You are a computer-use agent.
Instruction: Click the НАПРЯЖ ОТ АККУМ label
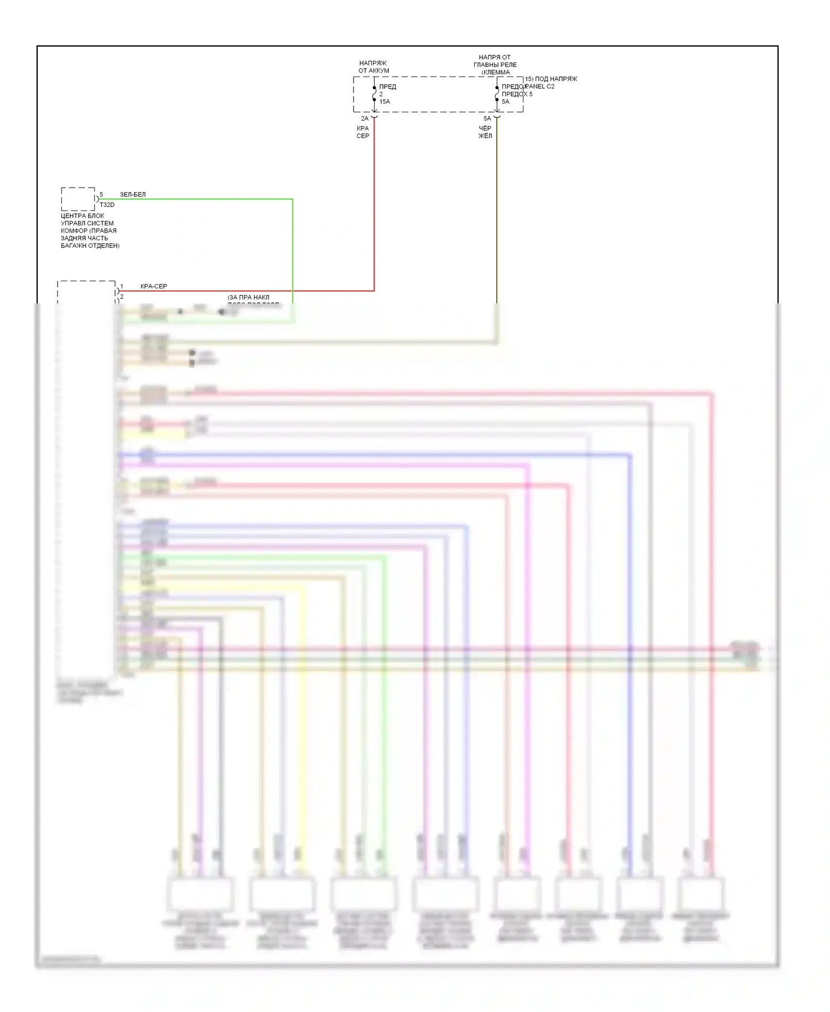point(373,67)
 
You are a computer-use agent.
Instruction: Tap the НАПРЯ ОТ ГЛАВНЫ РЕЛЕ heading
point(495,61)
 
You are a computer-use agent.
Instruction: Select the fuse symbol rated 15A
point(375,94)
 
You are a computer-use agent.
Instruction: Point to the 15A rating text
point(385,102)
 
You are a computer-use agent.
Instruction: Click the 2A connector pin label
point(365,118)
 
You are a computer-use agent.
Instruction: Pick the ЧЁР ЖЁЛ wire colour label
point(485,132)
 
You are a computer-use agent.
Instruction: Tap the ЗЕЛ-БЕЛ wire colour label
point(133,195)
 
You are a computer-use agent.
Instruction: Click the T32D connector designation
point(107,205)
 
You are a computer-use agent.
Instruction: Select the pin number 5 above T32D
point(101,195)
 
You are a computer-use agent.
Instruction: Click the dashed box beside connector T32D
point(78,199)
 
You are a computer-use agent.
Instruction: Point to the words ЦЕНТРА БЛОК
point(82,216)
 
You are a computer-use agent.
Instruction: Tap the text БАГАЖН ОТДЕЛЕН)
point(90,246)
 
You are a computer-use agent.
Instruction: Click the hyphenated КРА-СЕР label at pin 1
point(154,287)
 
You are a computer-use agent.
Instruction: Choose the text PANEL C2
point(540,86)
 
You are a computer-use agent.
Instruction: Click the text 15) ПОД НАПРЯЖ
point(551,79)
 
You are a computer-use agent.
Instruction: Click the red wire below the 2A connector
point(374,210)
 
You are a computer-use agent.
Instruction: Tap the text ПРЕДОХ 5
point(517,94)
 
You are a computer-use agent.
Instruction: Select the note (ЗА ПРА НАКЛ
point(248,298)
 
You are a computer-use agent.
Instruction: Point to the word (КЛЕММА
point(495,73)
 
